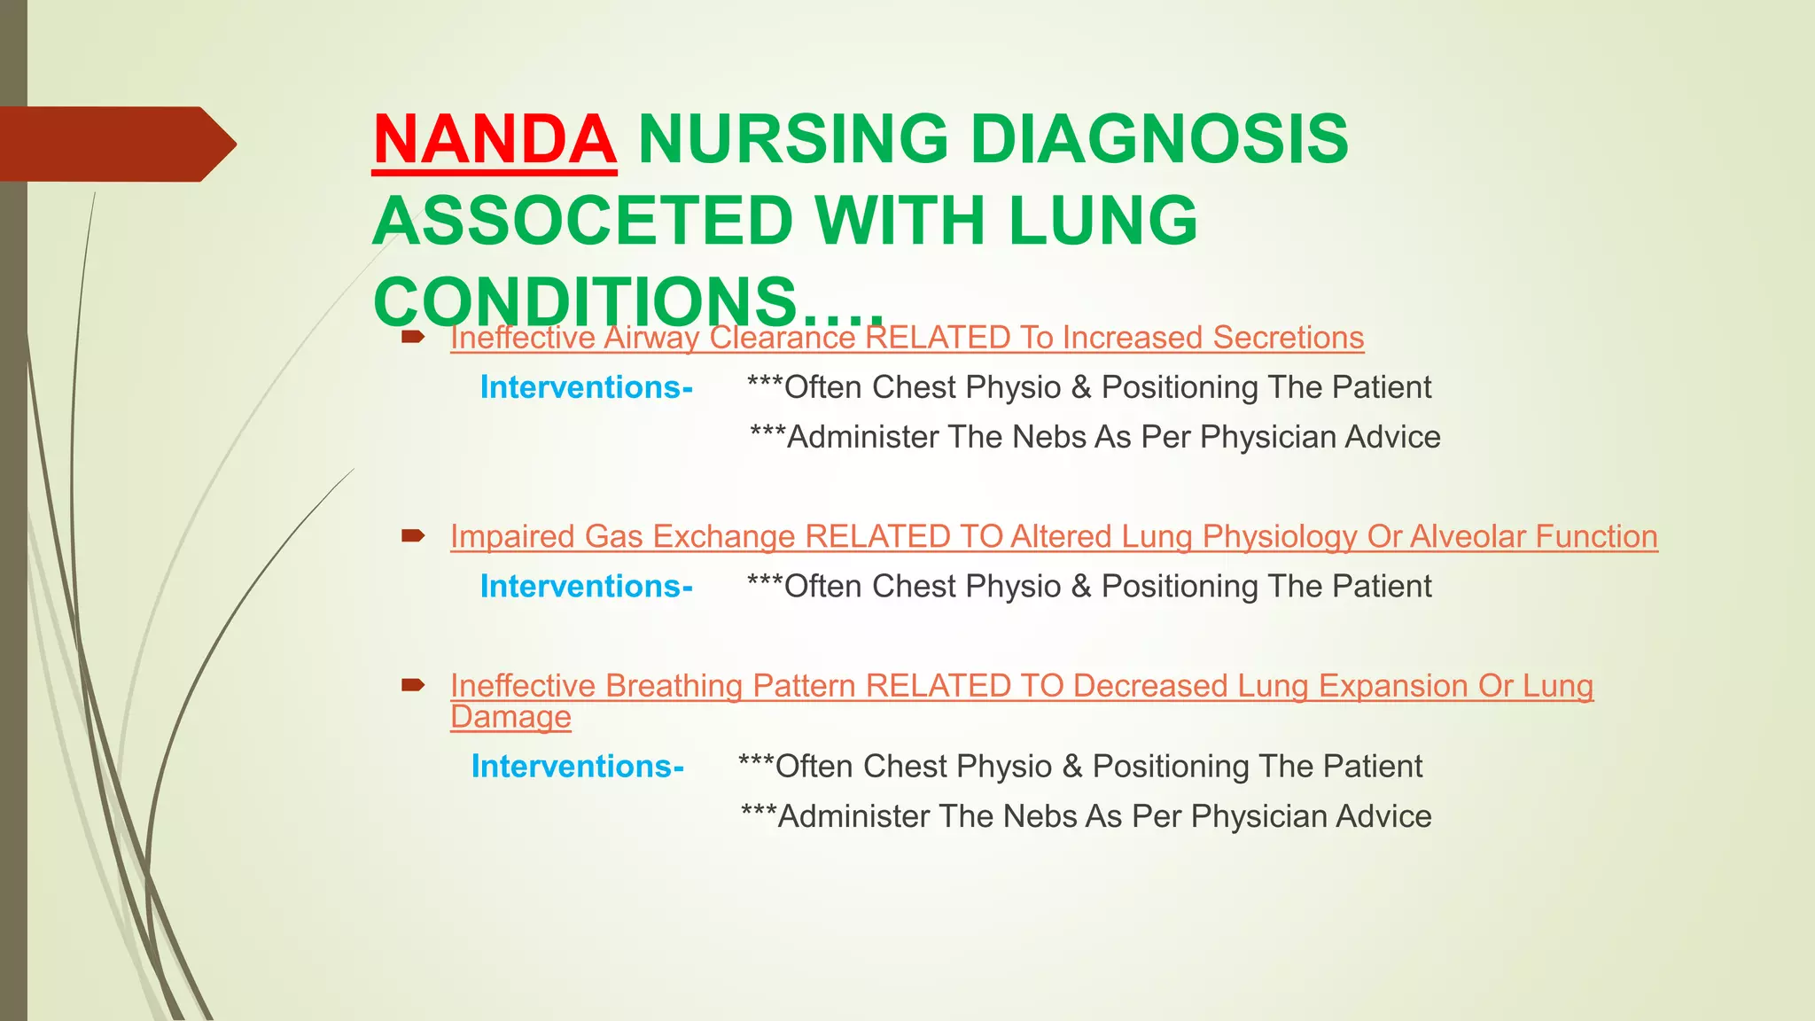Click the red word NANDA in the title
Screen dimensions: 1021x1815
click(x=495, y=140)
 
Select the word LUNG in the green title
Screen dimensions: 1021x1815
click(x=1103, y=221)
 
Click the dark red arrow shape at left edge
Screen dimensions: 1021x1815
click(x=115, y=144)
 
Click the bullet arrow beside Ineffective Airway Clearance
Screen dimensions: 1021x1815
click(x=413, y=337)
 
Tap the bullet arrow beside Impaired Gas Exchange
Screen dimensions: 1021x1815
click(x=413, y=535)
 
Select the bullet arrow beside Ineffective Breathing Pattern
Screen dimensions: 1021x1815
click(x=413, y=684)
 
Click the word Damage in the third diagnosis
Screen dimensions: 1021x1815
click(x=510, y=717)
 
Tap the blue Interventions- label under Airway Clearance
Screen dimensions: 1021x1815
click(x=586, y=387)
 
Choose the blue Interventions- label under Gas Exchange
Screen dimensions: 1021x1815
click(x=586, y=586)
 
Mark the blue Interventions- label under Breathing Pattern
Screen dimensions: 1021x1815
click(x=577, y=766)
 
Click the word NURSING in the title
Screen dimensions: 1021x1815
click(x=792, y=140)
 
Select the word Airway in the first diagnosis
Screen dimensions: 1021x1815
click(x=651, y=338)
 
